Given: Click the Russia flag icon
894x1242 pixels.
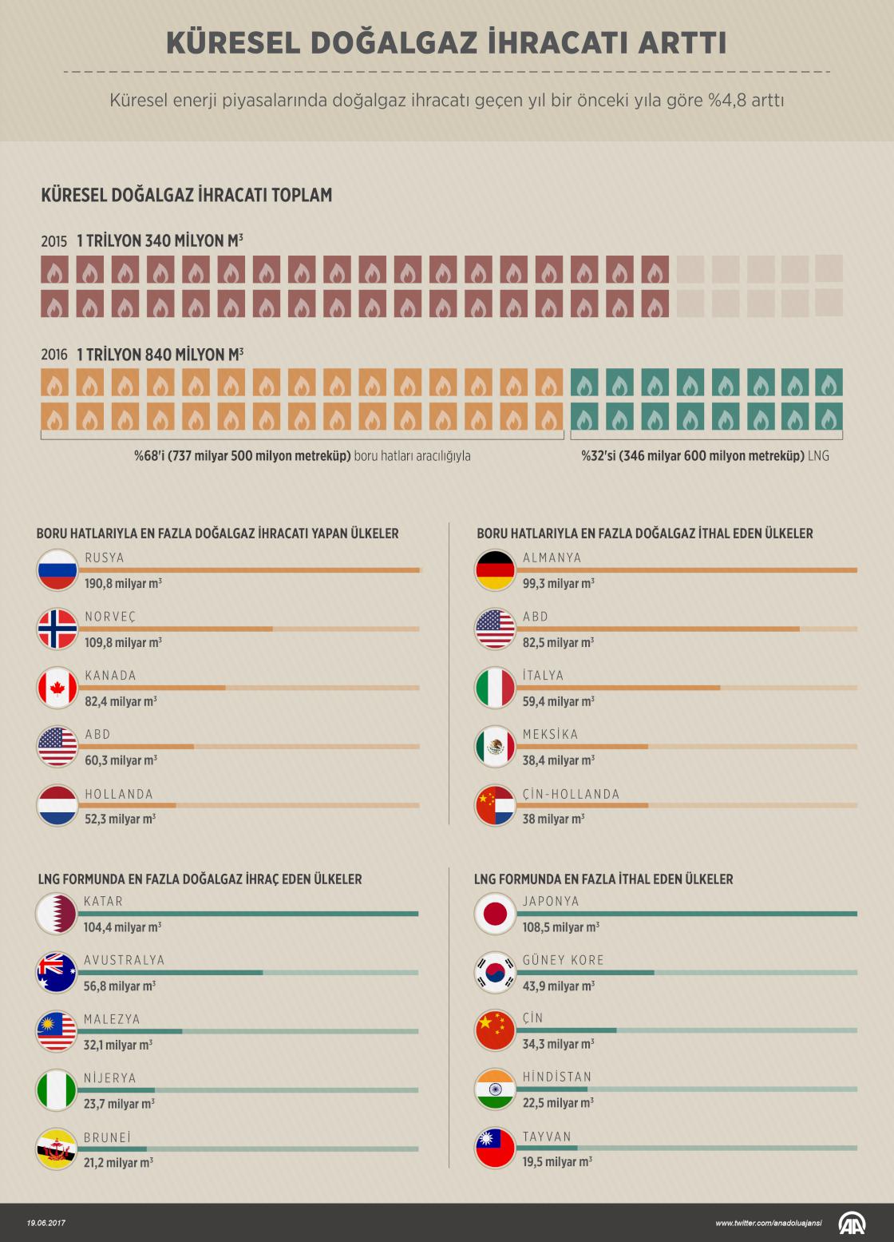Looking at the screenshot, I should [x=57, y=570].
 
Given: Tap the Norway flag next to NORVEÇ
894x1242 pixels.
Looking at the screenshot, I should [x=57, y=629].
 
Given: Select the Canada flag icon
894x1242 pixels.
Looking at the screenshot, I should [x=57, y=688].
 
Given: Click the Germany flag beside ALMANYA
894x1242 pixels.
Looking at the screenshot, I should [x=495, y=570].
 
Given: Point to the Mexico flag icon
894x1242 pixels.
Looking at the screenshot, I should [x=495, y=747].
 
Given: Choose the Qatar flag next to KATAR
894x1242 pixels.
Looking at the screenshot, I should [x=56, y=914].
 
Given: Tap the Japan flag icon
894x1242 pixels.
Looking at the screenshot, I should [x=495, y=914].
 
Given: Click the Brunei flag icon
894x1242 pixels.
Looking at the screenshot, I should [x=56, y=1149].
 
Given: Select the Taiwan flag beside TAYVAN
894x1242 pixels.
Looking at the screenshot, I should [x=495, y=1149].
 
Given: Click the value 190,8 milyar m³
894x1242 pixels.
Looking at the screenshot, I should [x=123, y=584].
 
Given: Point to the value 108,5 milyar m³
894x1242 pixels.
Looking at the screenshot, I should [x=560, y=927].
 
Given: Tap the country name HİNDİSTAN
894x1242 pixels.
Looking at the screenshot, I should [x=557, y=1077].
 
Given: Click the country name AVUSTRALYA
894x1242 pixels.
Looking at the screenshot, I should [x=124, y=960].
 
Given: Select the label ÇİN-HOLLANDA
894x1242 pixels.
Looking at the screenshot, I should [x=571, y=794].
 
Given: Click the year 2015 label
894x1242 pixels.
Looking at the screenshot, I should [x=53, y=241].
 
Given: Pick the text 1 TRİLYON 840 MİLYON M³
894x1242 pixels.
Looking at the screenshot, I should [x=160, y=355].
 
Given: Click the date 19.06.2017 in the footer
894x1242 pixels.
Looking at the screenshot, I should [x=45, y=1223].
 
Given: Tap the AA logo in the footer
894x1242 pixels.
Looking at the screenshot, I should [x=852, y=1223].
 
